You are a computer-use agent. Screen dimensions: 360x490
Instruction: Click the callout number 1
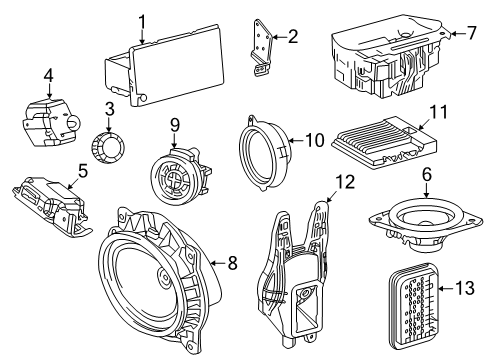pos(142,21)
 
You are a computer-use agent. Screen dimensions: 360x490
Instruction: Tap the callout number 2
pos(292,37)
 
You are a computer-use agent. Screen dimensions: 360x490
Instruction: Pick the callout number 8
pos(232,265)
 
